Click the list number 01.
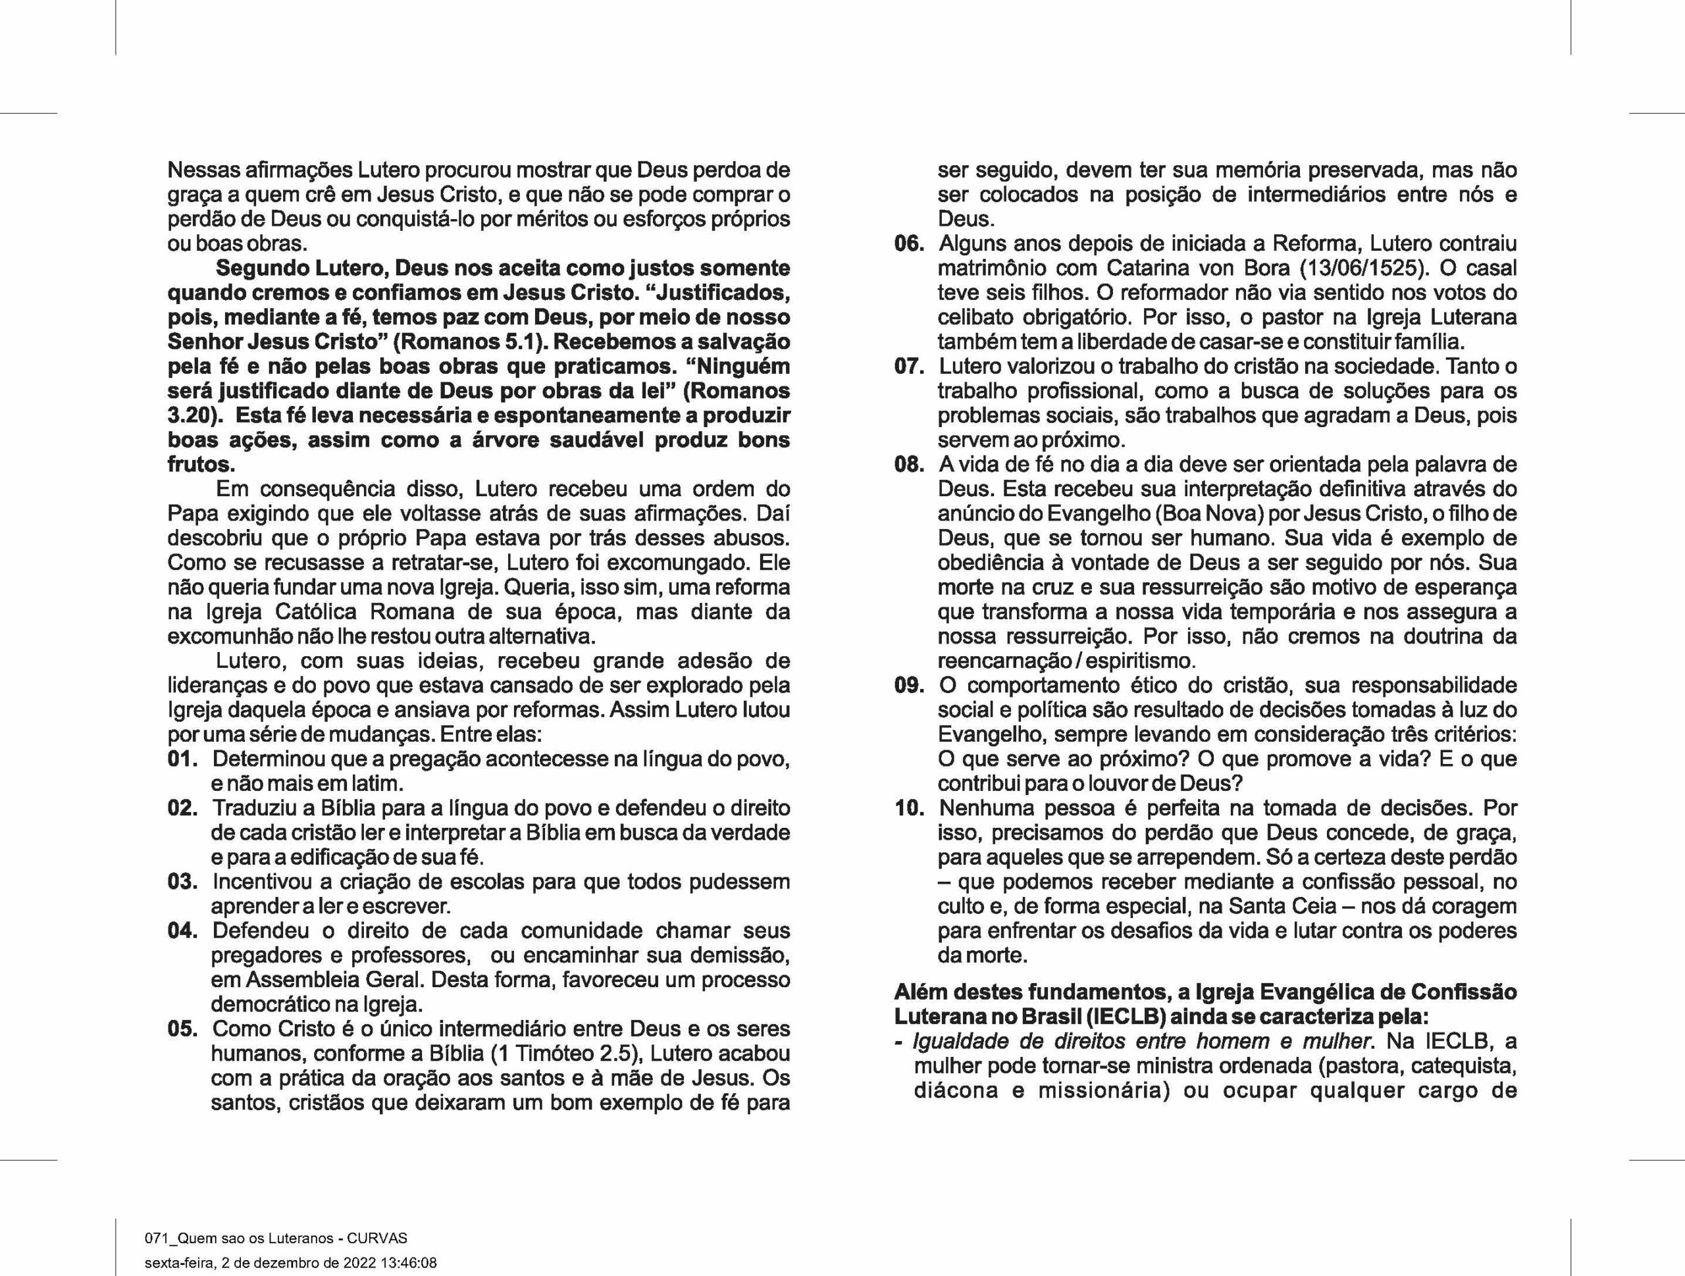tap(183, 759)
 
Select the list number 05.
tap(183, 1029)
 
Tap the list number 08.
tap(910, 465)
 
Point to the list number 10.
tap(910, 807)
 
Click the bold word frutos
tap(200, 465)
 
